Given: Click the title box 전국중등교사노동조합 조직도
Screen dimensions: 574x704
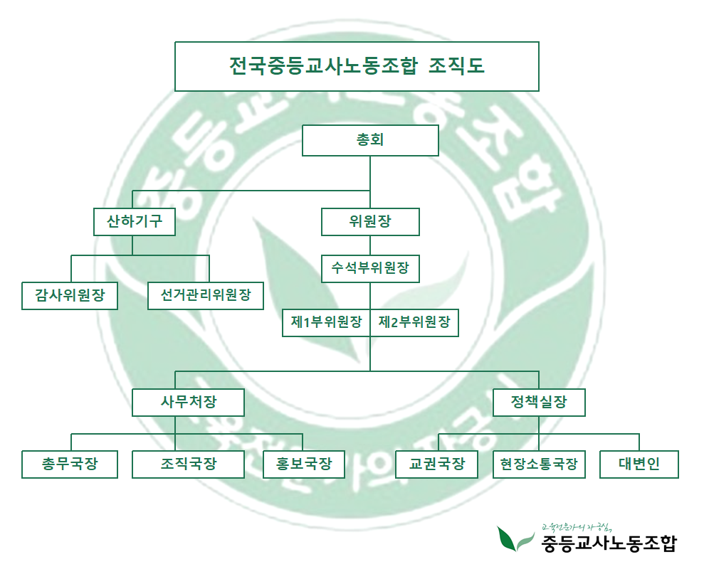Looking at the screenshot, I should pyautogui.click(x=356, y=66).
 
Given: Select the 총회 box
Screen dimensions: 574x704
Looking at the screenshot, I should pyautogui.click(x=370, y=140).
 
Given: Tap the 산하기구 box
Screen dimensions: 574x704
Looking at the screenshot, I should pyautogui.click(x=135, y=221).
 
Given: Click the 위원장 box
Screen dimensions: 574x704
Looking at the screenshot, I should pyautogui.click(x=370, y=221).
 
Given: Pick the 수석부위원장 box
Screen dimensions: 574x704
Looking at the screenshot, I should pyautogui.click(x=370, y=269).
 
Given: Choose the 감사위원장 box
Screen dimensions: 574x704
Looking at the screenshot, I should pyautogui.click(x=69, y=295).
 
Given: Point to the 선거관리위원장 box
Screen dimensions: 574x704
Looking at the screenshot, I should pyautogui.click(x=206, y=295).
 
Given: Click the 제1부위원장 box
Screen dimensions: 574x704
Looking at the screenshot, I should pyautogui.click(x=327, y=322).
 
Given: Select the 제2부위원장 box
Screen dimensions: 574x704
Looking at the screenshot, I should pyautogui.click(x=414, y=322).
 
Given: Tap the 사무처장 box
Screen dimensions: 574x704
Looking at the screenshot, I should pyautogui.click(x=188, y=402).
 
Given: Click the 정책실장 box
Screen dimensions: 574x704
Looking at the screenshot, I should pyautogui.click(x=539, y=402).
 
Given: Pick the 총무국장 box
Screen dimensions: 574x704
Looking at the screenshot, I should pyautogui.click(x=70, y=464).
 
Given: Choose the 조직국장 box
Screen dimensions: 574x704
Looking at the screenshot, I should pyautogui.click(x=188, y=464).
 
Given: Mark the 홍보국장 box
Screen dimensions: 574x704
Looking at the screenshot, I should pyautogui.click(x=304, y=464).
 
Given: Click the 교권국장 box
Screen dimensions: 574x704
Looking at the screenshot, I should pyautogui.click(x=436, y=464).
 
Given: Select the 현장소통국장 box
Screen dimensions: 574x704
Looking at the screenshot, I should pyautogui.click(x=539, y=464).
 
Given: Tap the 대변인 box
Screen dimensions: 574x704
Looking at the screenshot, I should pyautogui.click(x=639, y=464).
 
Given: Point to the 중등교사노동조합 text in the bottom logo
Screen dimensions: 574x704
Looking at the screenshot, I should pyautogui.click(x=609, y=544).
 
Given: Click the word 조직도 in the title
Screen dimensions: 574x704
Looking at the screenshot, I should pyautogui.click(x=457, y=66).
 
